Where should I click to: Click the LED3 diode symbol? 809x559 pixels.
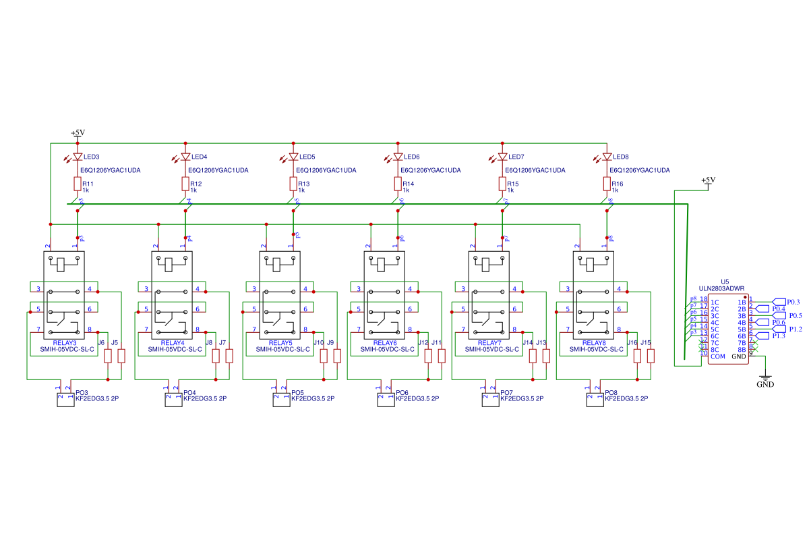[78, 157]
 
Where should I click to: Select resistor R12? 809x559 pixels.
[185, 184]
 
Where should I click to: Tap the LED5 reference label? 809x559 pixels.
[307, 157]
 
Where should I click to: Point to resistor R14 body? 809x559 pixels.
[398, 184]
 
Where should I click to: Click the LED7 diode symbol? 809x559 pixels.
[502, 157]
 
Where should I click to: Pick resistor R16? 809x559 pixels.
[607, 184]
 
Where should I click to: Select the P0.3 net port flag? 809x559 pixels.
[779, 302]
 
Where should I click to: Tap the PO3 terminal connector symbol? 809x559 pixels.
[65, 400]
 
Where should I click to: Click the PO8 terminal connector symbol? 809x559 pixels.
[594, 400]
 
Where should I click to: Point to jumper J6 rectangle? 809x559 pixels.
[107, 356]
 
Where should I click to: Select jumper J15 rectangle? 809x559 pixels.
[651, 356]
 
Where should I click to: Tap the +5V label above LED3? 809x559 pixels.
[78, 133]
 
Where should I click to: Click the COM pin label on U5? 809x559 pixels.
[718, 356]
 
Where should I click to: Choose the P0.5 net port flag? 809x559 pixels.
[779, 315]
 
